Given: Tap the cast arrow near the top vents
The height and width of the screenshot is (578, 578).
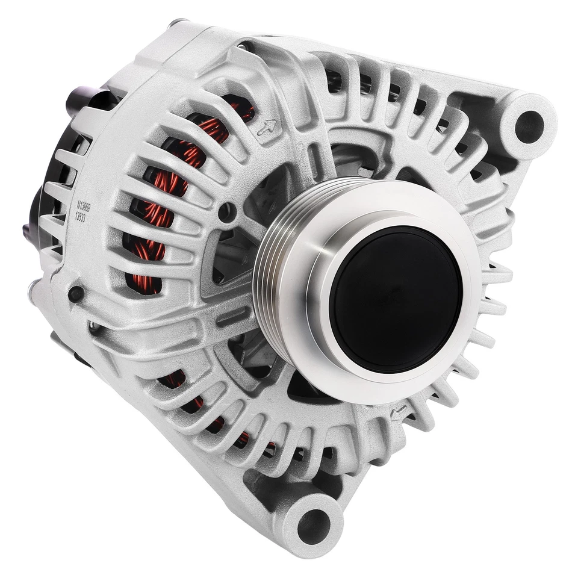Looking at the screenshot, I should click(x=267, y=127).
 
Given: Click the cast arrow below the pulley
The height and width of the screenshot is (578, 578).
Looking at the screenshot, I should click(x=399, y=412).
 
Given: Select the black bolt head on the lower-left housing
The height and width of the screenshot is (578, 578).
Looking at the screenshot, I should click(x=76, y=293).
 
